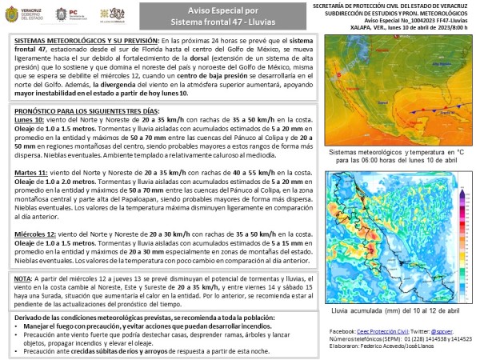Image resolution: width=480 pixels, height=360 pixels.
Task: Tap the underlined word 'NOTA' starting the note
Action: [x=23, y=278]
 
